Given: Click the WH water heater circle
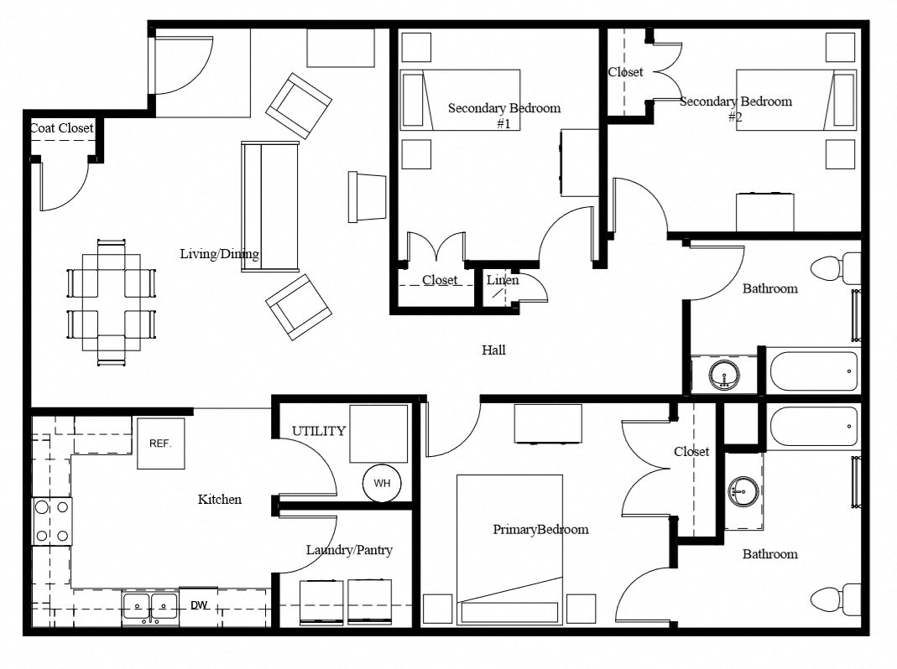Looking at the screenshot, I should pos(382,484).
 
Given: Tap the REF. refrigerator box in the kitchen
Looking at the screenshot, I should pos(160,443).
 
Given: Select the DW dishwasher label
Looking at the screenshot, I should pos(199,605).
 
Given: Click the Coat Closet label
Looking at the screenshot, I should pos(62,128).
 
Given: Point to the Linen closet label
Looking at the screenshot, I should pos(503,280).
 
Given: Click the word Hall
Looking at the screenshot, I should pos(493,350).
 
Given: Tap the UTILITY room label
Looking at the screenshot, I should pos(318,431).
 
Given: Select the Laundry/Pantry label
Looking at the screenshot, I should pos(349,550).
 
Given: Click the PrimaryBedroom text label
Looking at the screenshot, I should pos(540,529).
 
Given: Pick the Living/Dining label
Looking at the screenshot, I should pos(220,254).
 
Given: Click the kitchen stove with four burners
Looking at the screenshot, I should pos(51,521).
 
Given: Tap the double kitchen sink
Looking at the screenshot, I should pos(150,605).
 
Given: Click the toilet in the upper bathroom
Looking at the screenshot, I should pos(834,269).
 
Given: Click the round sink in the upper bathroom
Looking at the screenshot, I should pos(723,374).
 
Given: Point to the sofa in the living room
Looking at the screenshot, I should pos(269,206).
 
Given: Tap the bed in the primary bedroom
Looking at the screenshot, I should pos(509,549).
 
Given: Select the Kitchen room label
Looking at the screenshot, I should pos(220,500).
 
